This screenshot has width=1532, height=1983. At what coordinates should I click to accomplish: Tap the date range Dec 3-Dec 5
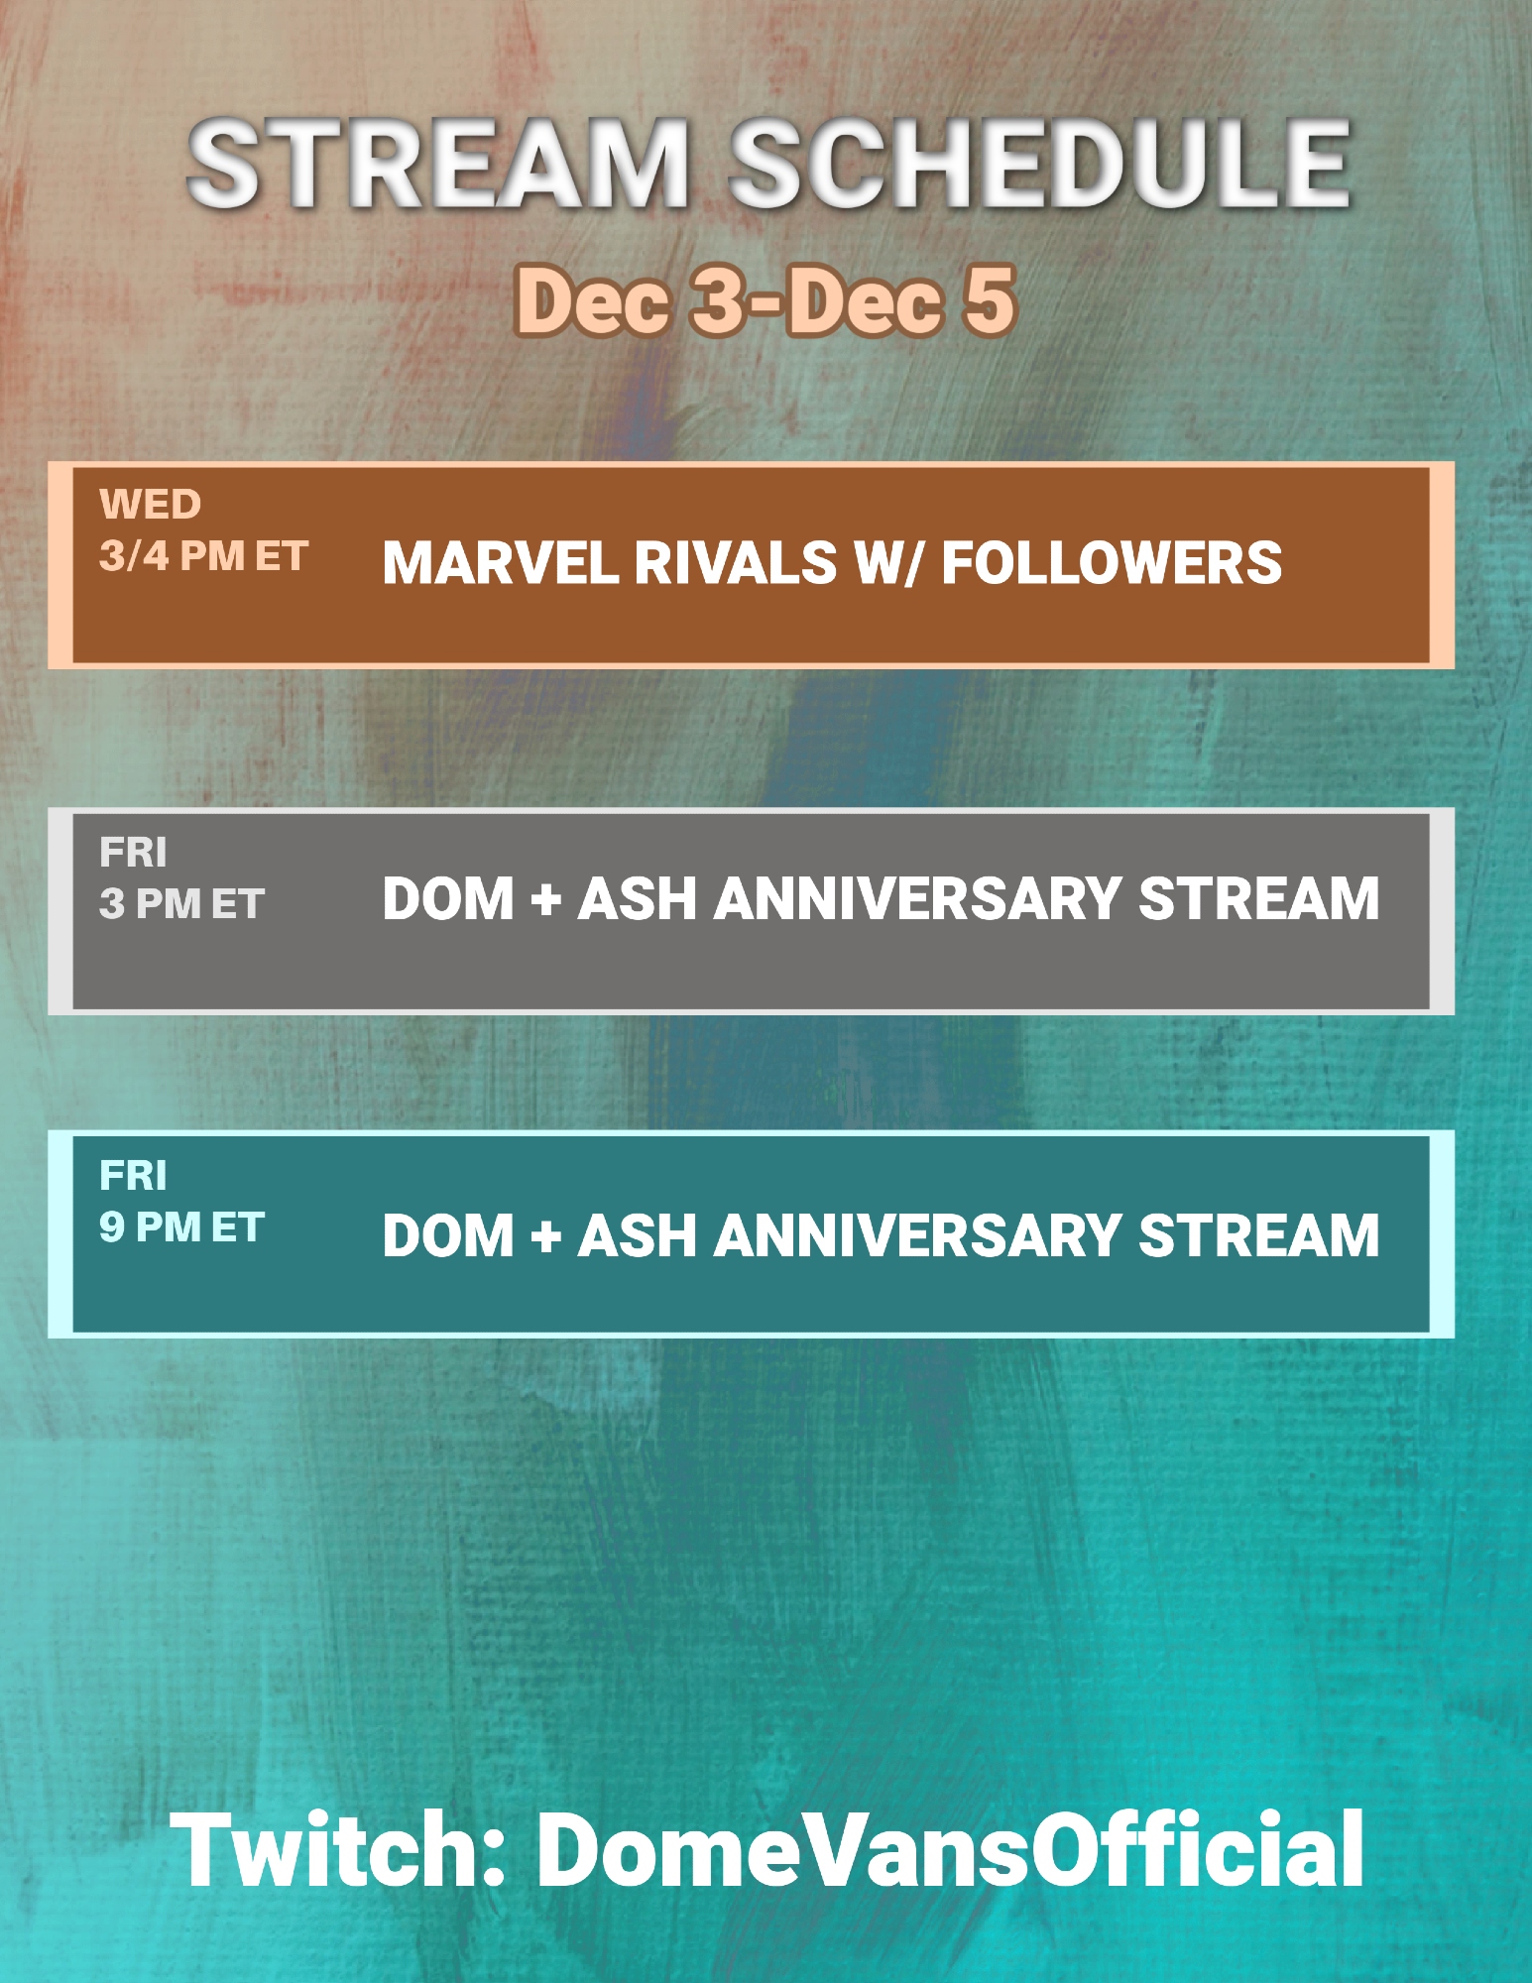pos(765,299)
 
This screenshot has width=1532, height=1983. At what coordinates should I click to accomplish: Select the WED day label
pos(150,505)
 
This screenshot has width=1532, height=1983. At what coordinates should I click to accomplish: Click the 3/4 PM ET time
pos(203,556)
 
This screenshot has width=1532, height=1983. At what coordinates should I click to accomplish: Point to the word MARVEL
pos(501,563)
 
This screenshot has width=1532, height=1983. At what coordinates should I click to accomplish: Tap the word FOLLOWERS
pos(1112,563)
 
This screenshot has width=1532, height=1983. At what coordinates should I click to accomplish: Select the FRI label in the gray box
pos(133,852)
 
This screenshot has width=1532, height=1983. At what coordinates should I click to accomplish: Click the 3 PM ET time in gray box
pos(181,903)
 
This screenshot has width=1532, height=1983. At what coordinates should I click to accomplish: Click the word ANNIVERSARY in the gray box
pos(918,898)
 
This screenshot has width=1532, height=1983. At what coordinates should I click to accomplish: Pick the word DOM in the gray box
pos(449,898)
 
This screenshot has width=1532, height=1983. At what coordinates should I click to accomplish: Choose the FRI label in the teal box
pos(133,1175)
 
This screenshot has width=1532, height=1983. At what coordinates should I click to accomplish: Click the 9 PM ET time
pos(181,1227)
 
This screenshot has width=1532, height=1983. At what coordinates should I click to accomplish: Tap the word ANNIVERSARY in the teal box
pos(918,1235)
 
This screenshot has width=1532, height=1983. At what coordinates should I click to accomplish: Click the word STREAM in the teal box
pos(1258,1235)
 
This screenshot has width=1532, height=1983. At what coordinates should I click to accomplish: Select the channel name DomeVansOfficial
pos(951,1849)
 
